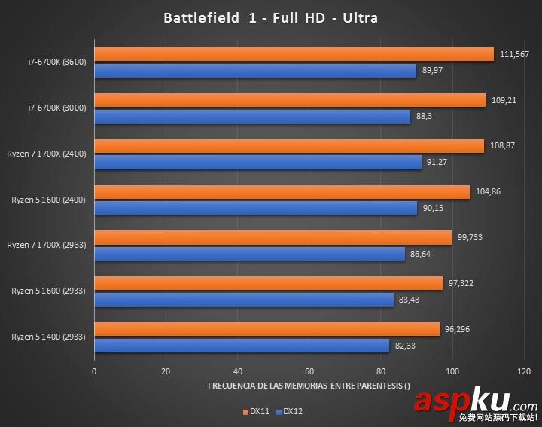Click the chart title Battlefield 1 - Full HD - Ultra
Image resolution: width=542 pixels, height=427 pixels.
(x=270, y=17)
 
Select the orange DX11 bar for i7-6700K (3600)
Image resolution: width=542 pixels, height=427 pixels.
(x=294, y=54)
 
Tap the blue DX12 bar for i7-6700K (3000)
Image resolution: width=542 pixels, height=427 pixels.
(x=252, y=117)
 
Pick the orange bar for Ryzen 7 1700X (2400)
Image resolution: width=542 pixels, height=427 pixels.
(x=289, y=146)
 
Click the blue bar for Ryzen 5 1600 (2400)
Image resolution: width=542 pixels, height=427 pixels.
(x=255, y=208)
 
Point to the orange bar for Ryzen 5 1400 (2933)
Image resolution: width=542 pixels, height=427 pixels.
(x=266, y=329)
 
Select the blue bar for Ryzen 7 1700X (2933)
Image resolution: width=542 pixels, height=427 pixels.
(x=249, y=254)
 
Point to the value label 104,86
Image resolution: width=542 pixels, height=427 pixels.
(x=488, y=192)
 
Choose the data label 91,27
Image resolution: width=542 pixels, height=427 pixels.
(x=439, y=162)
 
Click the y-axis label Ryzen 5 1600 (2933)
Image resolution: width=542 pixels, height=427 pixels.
(x=49, y=291)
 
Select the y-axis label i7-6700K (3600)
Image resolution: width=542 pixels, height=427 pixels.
(x=57, y=62)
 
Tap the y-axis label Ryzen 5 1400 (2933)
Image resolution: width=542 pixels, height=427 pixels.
(x=49, y=337)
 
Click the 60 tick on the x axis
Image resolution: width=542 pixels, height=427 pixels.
(x=309, y=371)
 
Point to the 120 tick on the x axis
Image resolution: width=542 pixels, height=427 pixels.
(x=524, y=371)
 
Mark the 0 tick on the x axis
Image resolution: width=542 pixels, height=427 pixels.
(x=94, y=371)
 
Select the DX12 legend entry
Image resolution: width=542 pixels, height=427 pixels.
(x=288, y=411)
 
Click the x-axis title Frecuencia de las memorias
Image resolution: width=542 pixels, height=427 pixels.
(x=309, y=386)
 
